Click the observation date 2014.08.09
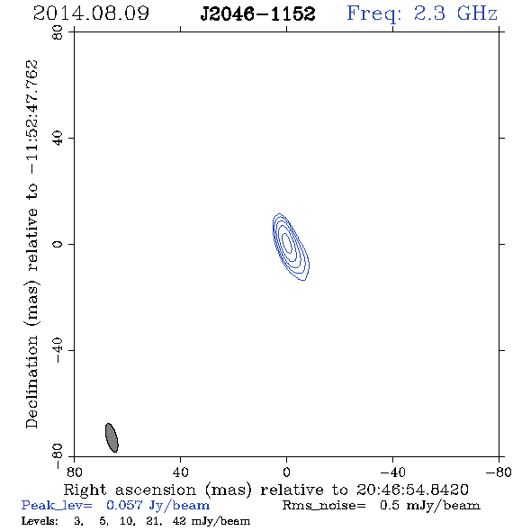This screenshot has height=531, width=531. click(x=91, y=13)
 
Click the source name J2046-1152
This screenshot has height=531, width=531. click(x=257, y=14)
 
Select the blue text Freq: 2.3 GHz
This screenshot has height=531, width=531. click(x=422, y=14)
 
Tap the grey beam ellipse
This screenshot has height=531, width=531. click(x=112, y=437)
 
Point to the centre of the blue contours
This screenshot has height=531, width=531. click(x=287, y=244)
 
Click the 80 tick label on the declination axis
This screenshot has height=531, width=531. click(x=58, y=32)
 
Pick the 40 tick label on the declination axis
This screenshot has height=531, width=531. click(x=58, y=139)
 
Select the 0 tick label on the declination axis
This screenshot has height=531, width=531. click(x=58, y=244)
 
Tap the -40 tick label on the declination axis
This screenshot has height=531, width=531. click(x=58, y=350)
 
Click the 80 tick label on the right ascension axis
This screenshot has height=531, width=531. click(x=74, y=472)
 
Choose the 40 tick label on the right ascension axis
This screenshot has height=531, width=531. click(x=180, y=472)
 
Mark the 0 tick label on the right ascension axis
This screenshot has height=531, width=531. click(x=286, y=472)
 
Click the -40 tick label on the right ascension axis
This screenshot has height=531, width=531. click(x=392, y=472)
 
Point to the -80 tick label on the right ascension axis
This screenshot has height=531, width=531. click(x=499, y=472)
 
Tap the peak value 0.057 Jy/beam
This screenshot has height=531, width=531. click(x=157, y=505)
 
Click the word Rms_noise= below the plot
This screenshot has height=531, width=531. click(x=324, y=506)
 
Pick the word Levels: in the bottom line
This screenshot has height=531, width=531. click(x=40, y=521)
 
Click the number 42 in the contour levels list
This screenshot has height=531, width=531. click(x=179, y=521)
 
